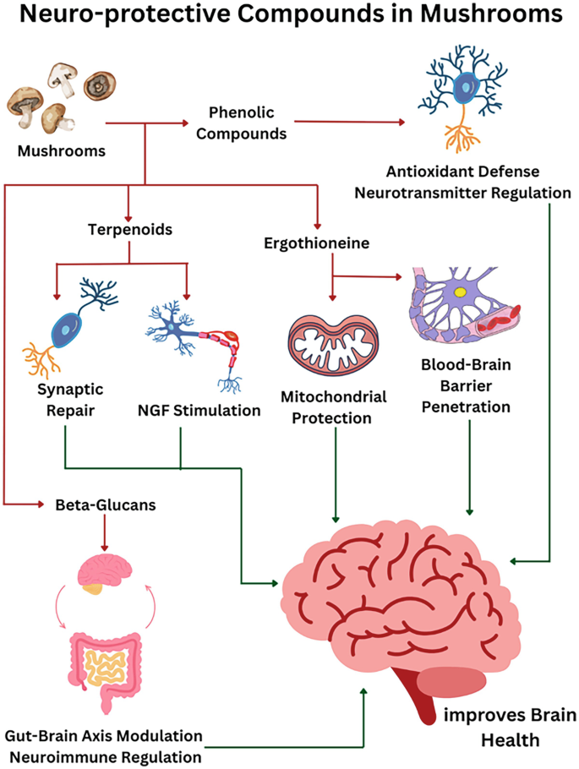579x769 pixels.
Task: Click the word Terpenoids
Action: coord(130,230)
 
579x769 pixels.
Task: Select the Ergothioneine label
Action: coord(316,243)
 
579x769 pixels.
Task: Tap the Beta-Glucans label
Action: coord(106,504)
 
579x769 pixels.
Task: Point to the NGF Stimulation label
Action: coord(199,410)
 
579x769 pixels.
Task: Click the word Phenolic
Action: coord(242,112)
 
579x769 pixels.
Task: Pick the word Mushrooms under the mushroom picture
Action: coord(62,150)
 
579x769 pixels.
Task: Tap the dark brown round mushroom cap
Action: coord(99,85)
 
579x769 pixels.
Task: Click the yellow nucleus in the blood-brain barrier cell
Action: coord(461,292)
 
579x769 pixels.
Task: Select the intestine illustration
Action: coord(105,669)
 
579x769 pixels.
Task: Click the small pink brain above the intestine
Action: coord(105,575)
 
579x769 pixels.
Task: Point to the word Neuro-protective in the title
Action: coord(124,14)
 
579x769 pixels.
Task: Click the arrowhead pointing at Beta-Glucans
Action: coord(41,504)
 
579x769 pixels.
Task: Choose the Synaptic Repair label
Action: coord(70,400)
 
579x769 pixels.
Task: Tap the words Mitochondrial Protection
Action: coord(333,407)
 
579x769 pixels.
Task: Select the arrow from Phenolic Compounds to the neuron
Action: coord(349,122)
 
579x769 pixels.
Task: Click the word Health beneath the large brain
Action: coord(511,739)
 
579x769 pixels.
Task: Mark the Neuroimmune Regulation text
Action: coord(106,756)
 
